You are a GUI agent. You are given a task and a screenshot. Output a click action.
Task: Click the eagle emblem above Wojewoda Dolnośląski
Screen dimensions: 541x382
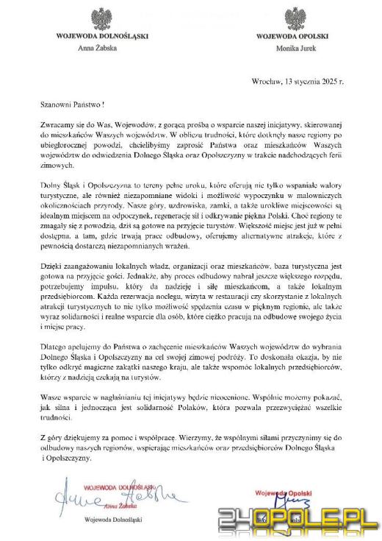[x=102, y=18]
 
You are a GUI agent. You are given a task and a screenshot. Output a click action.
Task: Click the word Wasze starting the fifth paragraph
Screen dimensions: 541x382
[x=51, y=396]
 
